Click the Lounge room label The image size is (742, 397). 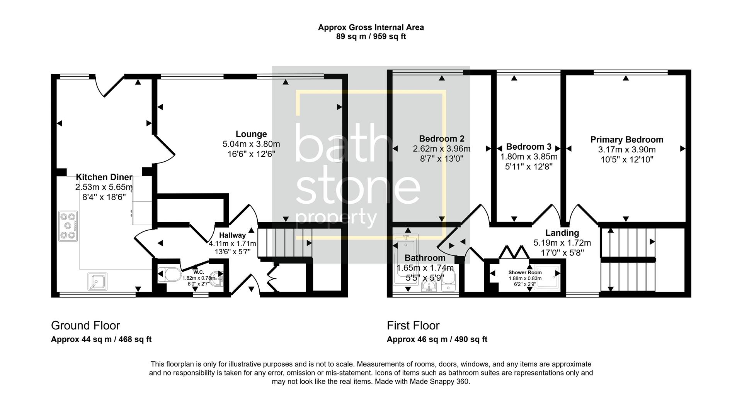click(251, 134)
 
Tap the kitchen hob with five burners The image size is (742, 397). click(68, 226)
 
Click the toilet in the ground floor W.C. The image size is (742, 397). click(169, 275)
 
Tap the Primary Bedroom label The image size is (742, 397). click(626, 140)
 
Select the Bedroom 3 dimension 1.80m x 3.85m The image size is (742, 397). click(529, 157)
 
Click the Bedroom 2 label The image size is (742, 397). click(441, 139)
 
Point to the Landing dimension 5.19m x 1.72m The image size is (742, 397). click(562, 243)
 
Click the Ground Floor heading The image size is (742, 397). click(85, 326)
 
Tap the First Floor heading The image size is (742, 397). click(413, 326)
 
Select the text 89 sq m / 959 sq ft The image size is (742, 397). click(371, 37)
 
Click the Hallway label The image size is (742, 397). click(232, 235)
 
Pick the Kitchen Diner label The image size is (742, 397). click(104, 177)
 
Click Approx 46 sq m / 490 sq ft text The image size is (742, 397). click(437, 340)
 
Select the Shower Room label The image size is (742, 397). click(525, 272)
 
